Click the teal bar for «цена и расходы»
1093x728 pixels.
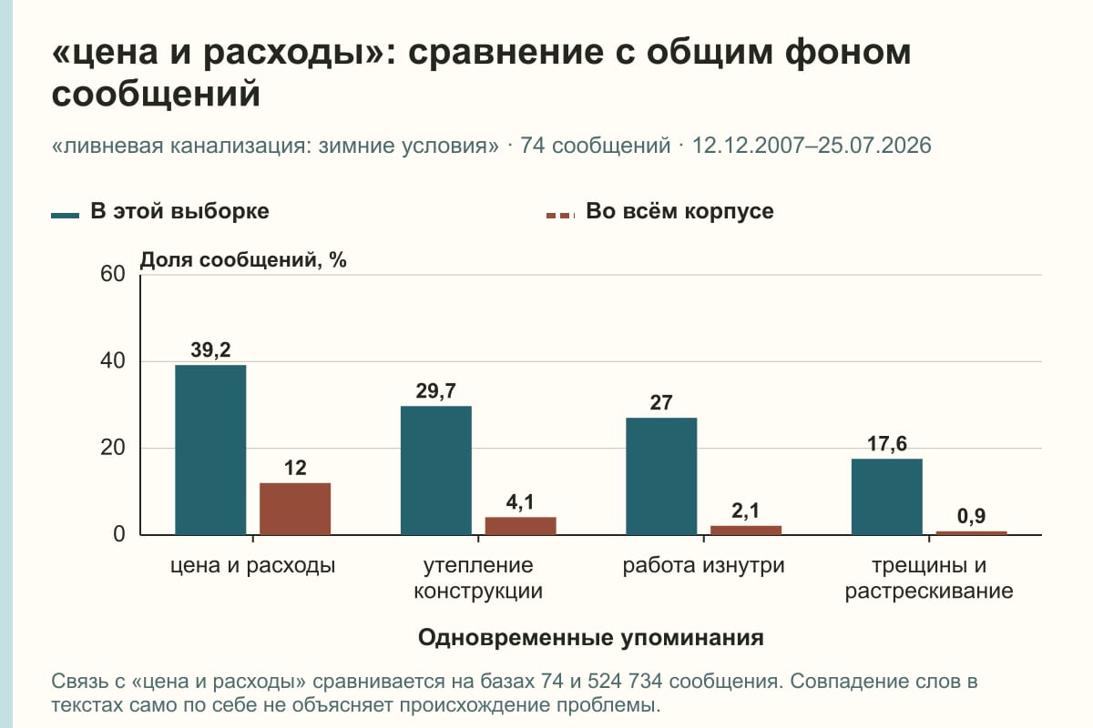(210, 450)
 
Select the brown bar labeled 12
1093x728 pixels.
(295, 509)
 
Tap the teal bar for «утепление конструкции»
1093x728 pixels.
(436, 470)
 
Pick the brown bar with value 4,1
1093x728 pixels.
(521, 526)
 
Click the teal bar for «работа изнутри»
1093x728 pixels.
(661, 476)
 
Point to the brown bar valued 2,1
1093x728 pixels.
(746, 530)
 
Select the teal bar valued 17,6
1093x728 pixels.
(887, 496)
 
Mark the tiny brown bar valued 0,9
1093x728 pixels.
(972, 533)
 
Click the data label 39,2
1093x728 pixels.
(210, 350)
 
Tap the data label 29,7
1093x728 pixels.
(436, 391)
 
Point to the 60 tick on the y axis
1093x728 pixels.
(113, 274)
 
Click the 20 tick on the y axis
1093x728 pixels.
(113, 448)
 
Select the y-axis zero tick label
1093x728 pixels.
(119, 534)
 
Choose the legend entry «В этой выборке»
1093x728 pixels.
(160, 212)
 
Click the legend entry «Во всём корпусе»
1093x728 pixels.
(660, 212)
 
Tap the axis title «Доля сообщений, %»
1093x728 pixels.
(243, 260)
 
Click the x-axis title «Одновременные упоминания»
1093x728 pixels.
(591, 638)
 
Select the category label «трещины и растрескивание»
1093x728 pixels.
(929, 578)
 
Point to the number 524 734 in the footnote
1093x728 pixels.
(625, 682)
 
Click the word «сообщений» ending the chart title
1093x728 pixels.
(156, 94)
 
